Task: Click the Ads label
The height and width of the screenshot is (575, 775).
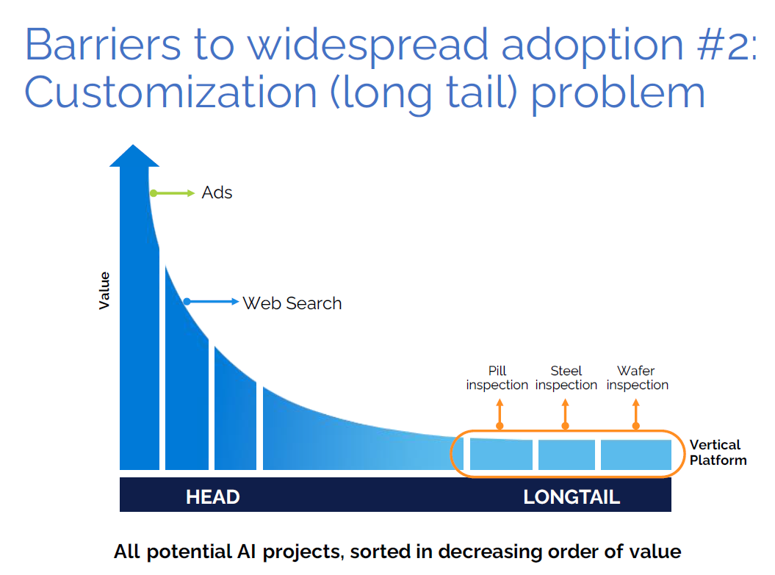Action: pos(217,193)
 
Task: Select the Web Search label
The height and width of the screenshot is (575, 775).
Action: pos(292,303)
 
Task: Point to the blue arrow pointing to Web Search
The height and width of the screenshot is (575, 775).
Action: pos(212,302)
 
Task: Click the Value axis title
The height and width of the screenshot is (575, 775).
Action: pos(104,290)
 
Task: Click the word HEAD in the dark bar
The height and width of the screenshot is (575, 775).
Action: pos(212,497)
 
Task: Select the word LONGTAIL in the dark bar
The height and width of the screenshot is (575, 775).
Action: pos(572,497)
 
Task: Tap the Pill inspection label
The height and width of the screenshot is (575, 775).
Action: pos(497,378)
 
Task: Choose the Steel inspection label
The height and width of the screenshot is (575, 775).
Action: pos(566,378)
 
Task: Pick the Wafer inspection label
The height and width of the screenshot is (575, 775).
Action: pos(637,378)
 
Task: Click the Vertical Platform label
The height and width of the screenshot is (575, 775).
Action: pos(718,452)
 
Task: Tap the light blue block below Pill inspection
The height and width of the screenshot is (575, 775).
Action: pos(501,455)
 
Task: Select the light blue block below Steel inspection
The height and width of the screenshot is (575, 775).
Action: pos(566,455)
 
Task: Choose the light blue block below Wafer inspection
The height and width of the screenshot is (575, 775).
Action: pos(636,455)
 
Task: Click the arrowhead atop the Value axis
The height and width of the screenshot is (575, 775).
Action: pos(134,156)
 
